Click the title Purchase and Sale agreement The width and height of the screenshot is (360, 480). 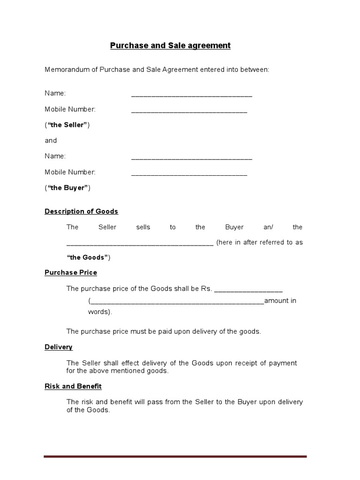tap(170, 45)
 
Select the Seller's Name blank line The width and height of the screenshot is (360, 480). tap(192, 96)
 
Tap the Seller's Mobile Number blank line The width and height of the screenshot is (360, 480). tap(189, 112)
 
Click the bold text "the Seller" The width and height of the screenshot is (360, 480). tap(67, 125)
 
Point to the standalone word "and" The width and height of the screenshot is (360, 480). tap(51, 140)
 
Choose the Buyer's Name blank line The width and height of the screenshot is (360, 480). tap(192, 158)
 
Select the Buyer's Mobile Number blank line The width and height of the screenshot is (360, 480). tap(189, 174)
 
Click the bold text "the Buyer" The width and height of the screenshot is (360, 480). tap(67, 187)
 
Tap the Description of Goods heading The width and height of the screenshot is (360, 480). tap(81, 211)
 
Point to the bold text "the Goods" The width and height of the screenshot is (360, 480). tap(88, 257)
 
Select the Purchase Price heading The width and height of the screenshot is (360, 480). tap(71, 272)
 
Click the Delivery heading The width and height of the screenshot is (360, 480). tap(59, 347)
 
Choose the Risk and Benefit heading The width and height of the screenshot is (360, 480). tap(73, 386)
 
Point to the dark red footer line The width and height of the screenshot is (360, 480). tap(175, 456)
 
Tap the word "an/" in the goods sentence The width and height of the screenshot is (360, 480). tap(268, 227)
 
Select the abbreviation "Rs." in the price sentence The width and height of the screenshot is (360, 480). tap(206, 288)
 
